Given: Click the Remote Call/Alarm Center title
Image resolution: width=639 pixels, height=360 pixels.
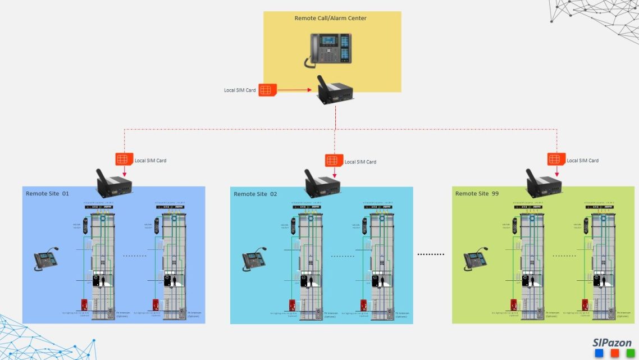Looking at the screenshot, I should [330, 19].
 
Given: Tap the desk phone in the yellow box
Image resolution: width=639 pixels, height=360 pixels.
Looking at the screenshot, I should [330, 49].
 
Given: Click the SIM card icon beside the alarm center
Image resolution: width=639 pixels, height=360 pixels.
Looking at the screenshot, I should [268, 90].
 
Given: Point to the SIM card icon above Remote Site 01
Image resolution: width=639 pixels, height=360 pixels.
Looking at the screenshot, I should [124, 160].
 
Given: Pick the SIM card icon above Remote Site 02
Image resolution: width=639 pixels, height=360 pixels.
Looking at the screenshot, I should [332, 160].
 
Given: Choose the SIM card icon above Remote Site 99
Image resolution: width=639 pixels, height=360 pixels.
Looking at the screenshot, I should [556, 160].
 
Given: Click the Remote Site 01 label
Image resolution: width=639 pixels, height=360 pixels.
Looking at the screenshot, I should [47, 194].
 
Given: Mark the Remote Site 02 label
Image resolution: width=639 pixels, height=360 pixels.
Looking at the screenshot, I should [255, 194].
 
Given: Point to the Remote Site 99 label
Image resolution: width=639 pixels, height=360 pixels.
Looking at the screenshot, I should [477, 194].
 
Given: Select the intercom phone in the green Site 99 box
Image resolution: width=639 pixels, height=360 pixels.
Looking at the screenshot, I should [475, 259].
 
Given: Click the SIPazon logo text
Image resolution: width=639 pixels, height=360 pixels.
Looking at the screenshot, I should [612, 343].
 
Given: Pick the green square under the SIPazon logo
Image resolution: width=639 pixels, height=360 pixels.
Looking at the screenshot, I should [630, 353].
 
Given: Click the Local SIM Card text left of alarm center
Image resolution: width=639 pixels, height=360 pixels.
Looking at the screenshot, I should [240, 90].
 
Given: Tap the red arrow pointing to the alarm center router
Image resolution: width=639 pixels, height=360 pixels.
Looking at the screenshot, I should [295, 90].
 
